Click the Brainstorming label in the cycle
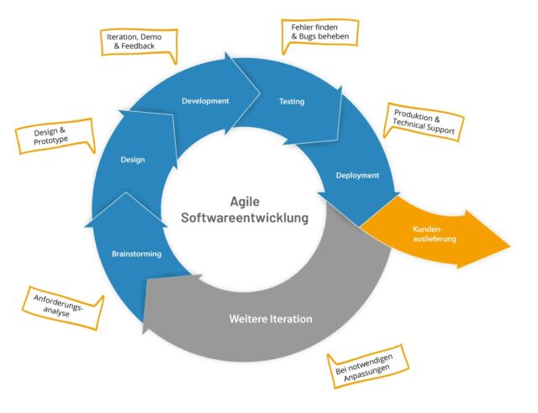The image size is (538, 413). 135,252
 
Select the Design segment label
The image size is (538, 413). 132,158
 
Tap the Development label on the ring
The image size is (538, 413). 205,101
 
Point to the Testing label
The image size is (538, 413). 291,102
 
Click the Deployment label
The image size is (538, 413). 357,175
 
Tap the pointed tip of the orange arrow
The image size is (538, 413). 509,247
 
